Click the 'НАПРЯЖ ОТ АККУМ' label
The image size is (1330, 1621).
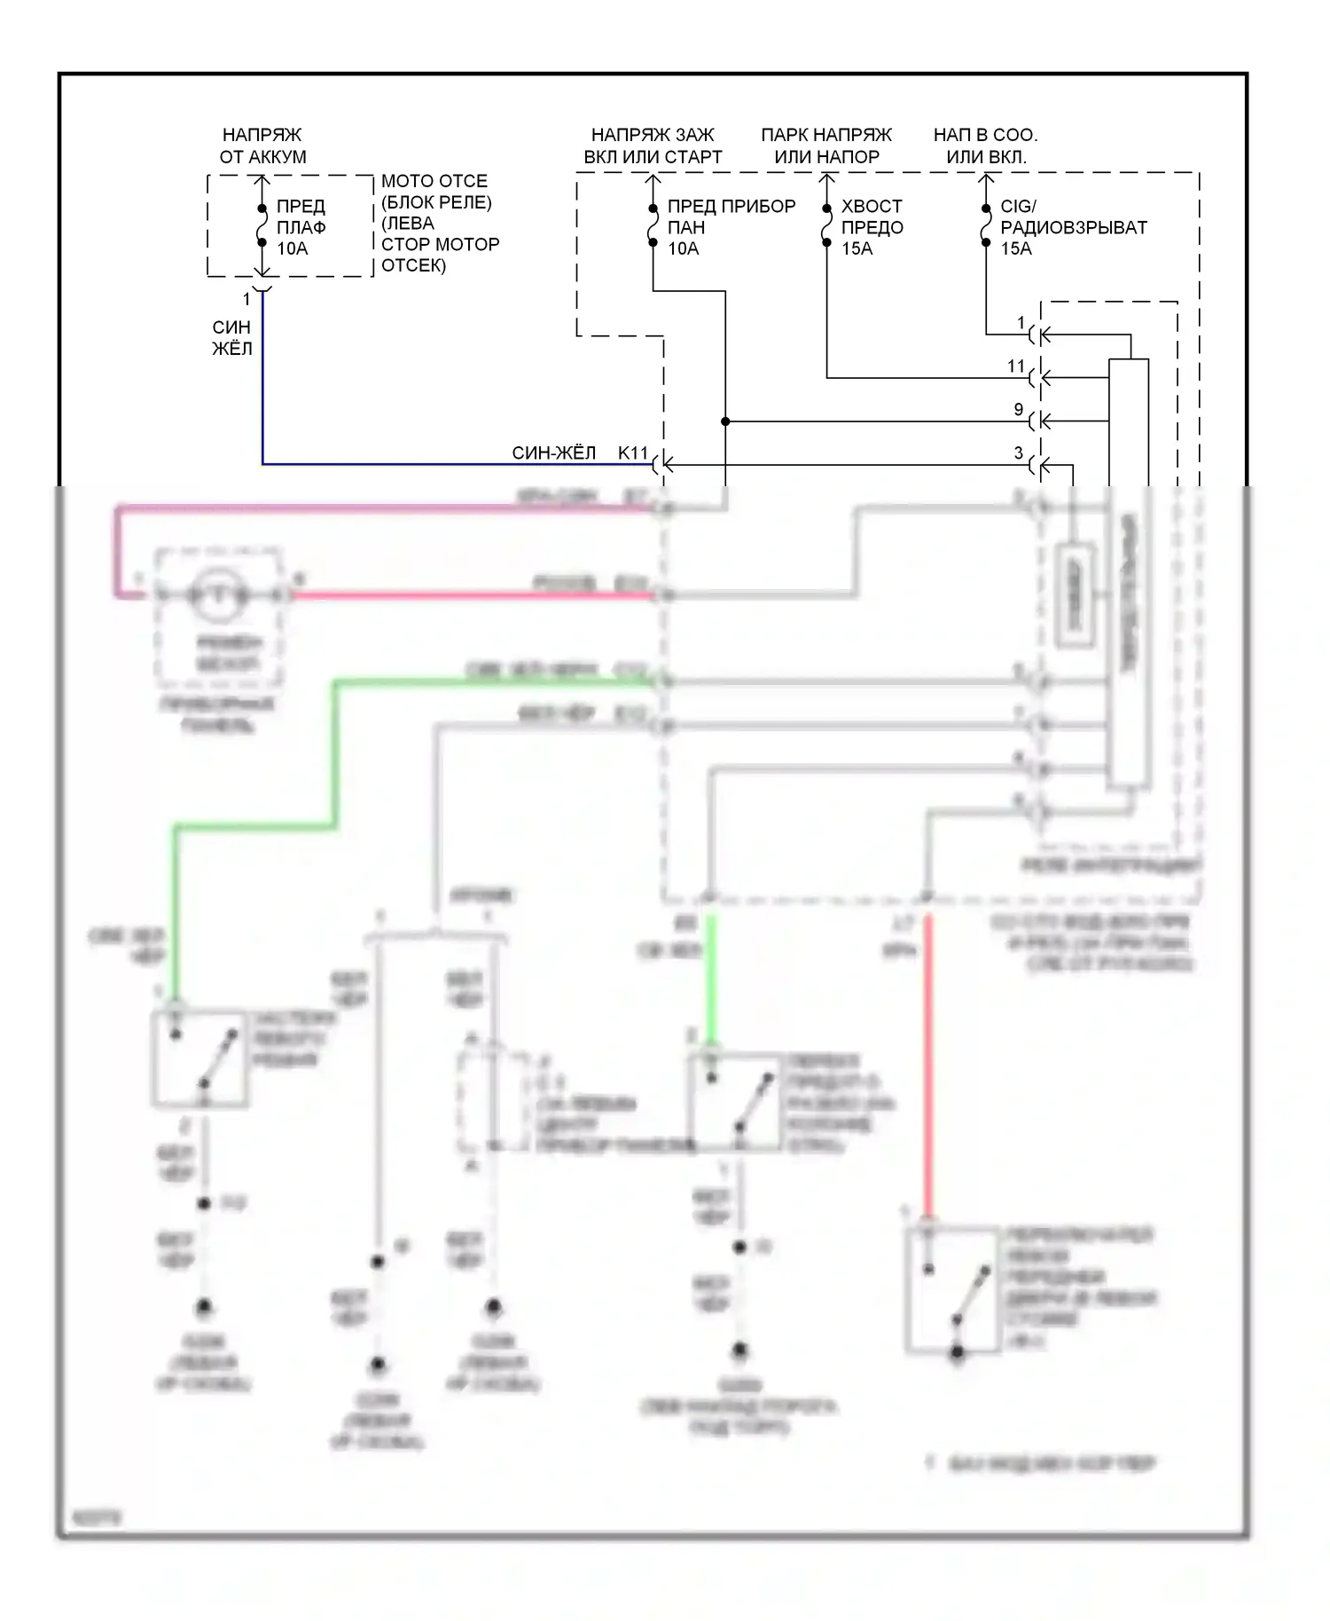262,146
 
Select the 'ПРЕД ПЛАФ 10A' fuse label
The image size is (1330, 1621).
301,227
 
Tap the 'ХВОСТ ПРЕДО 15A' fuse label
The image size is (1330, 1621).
872,227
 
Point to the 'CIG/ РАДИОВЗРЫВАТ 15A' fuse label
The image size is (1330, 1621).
1073,227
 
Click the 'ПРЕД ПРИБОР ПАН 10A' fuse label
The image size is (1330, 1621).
731,227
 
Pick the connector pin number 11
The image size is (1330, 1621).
1016,366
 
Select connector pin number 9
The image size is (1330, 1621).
1019,409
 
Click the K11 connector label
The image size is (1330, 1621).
633,452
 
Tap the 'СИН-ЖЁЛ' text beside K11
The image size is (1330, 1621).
553,452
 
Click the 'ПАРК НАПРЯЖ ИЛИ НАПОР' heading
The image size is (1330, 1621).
826,146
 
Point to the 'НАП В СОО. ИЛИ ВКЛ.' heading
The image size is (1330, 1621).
985,146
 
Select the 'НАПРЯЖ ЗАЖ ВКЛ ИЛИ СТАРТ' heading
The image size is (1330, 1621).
653,146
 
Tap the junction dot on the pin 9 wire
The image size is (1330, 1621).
725,421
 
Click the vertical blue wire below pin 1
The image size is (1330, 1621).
262,382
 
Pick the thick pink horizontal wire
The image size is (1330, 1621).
390,508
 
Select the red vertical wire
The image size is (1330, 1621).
928,1065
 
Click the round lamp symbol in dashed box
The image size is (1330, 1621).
219,594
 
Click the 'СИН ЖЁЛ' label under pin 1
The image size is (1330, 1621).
232,338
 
